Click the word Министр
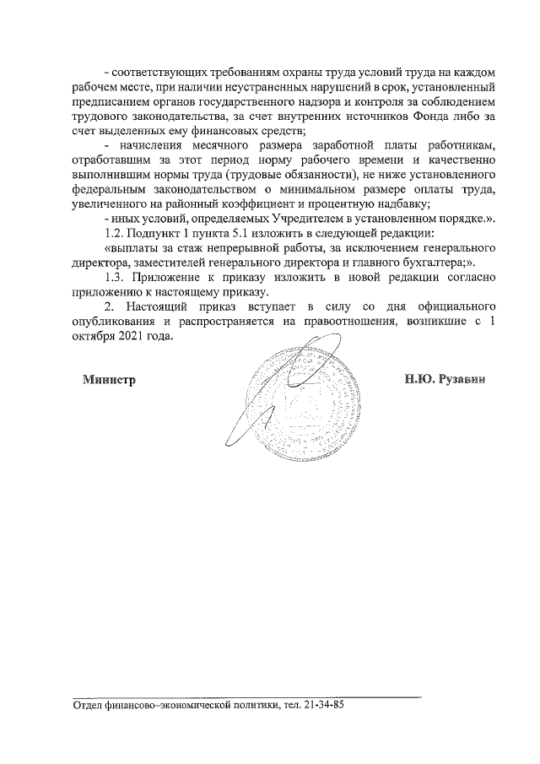click(x=109, y=379)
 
